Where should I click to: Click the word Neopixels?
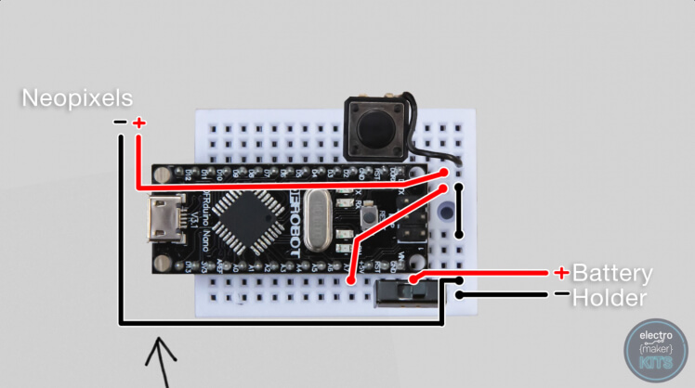point(77,97)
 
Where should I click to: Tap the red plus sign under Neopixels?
point(139,123)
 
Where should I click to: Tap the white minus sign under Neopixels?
point(120,123)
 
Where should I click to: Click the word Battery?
point(612,274)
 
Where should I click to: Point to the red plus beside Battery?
point(561,273)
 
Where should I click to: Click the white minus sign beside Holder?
point(561,294)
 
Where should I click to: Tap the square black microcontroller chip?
point(243,224)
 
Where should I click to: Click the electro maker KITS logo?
point(655,351)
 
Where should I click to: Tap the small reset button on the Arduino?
point(369,215)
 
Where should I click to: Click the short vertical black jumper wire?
point(460,210)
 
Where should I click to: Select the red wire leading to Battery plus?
point(492,273)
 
